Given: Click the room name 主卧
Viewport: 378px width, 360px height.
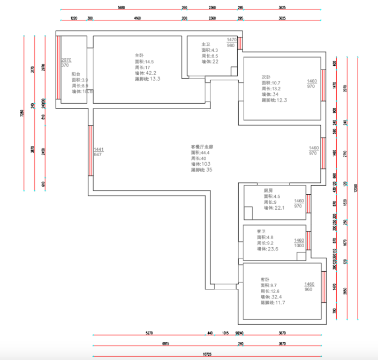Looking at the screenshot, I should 139,55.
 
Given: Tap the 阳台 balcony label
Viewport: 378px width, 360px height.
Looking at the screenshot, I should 76,74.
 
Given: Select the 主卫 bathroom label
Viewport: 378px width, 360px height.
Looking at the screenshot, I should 206,44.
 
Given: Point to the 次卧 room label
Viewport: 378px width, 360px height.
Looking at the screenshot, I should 266,76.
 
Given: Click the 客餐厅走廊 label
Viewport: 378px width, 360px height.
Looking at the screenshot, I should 202,146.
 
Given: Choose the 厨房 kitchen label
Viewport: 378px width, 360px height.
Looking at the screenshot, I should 269,190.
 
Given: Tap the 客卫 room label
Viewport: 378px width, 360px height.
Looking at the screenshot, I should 261,231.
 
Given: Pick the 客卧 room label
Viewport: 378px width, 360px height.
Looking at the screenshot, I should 265,279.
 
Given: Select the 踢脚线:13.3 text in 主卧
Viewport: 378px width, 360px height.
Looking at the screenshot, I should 148,79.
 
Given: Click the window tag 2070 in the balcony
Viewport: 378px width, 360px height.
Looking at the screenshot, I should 66,60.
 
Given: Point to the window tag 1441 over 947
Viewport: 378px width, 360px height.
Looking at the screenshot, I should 98,149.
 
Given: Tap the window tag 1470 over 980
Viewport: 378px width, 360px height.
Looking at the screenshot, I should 231,40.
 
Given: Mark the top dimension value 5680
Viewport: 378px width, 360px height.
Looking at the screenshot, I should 120,8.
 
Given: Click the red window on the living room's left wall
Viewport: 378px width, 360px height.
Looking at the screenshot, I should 90,151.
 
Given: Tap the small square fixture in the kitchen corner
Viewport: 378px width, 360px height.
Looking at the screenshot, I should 248,212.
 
